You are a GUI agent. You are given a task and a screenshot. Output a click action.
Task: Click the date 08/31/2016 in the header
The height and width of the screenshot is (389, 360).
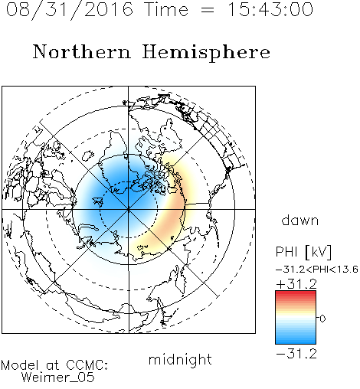[70, 9]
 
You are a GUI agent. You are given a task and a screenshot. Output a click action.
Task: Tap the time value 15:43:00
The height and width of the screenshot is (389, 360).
[270, 9]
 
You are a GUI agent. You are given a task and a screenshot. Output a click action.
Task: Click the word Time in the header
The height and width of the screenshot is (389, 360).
[166, 9]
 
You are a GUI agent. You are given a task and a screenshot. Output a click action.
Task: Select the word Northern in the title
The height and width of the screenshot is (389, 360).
[82, 51]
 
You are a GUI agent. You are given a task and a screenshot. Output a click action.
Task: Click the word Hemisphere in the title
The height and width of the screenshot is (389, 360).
[206, 53]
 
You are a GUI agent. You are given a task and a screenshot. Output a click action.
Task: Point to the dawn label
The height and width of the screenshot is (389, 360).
[300, 220]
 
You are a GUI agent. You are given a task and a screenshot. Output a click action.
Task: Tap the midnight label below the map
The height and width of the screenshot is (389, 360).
[180, 359]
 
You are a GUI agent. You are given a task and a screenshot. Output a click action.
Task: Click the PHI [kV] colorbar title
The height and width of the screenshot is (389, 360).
[304, 252]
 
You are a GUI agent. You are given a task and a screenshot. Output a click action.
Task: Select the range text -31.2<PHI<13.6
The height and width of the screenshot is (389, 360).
[317, 270]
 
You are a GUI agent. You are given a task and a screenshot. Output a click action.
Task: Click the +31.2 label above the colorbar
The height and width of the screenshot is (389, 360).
[296, 284]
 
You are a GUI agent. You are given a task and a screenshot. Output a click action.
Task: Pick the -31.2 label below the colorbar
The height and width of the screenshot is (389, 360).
[296, 354]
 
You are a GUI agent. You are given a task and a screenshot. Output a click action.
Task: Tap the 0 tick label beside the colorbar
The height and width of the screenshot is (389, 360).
[322, 319]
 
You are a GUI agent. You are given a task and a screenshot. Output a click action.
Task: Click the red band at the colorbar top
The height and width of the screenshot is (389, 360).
[296, 293]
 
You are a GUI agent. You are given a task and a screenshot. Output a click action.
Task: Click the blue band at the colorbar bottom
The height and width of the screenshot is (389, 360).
[296, 341]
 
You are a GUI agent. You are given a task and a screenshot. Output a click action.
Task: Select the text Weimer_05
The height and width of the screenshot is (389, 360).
[58, 378]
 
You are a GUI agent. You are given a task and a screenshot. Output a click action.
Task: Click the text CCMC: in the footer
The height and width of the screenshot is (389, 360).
[87, 365]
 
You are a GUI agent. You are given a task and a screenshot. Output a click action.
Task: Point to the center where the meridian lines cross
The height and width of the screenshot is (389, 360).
[129, 210]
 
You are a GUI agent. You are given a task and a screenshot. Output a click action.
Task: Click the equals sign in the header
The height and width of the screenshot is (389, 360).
[208, 10]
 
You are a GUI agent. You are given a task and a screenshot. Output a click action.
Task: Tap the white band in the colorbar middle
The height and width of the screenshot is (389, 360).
[296, 318]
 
